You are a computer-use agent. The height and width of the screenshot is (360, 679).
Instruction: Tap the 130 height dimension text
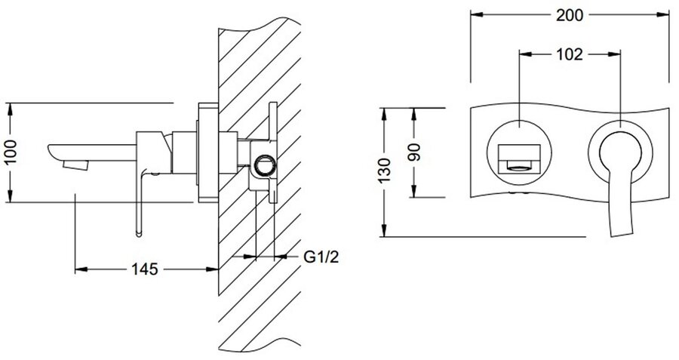pyautogui.click(x=386, y=172)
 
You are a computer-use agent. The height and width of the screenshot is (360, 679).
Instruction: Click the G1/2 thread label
pyautogui.click(x=321, y=257)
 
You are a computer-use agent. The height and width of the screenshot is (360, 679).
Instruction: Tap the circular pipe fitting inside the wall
pyautogui.click(x=264, y=163)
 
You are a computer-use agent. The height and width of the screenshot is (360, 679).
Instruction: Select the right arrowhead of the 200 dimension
pyautogui.click(x=667, y=14)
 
